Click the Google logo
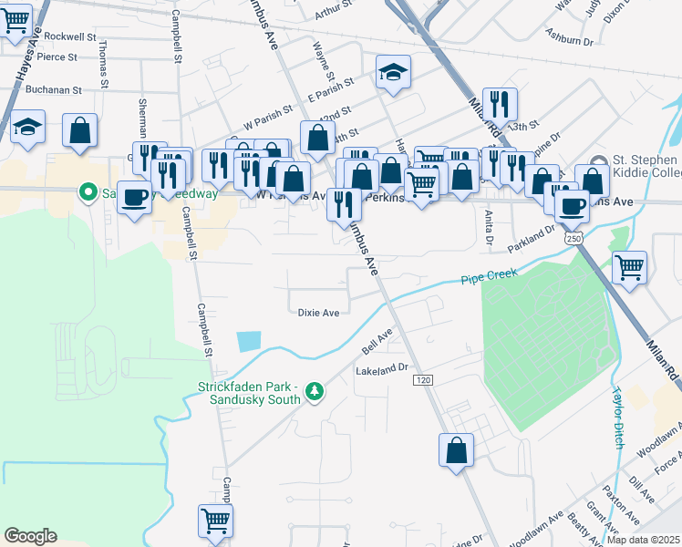coord(30,536)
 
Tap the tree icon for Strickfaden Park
coord(315,390)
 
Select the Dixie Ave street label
coord(318,313)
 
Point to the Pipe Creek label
coord(489,276)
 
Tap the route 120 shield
coord(428,378)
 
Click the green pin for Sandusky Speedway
coord(88,192)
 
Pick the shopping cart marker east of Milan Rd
coord(629,268)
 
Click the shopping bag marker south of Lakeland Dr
coord(456,451)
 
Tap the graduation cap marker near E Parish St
coord(394,72)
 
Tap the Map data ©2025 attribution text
coord(644,540)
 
